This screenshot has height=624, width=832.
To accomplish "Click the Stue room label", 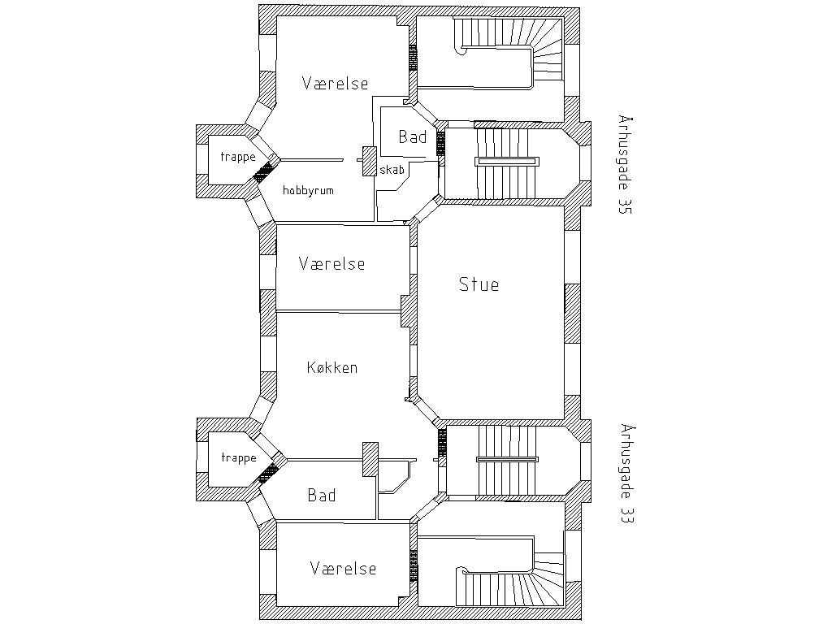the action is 479,284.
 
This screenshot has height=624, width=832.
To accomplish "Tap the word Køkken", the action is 332,367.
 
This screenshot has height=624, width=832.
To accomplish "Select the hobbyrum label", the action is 308,190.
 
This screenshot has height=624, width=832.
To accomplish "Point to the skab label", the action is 392,170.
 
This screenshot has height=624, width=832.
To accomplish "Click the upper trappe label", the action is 238,157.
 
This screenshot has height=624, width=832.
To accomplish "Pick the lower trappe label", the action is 239,458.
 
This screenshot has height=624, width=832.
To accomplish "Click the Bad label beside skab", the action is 412,136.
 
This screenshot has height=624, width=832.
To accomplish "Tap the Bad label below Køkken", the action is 322,495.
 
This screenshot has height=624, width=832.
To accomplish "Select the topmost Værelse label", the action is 335,84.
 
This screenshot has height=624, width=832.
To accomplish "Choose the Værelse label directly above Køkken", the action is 331,264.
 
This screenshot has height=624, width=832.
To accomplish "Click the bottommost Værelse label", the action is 344,568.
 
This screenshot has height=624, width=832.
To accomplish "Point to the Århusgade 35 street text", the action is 625,164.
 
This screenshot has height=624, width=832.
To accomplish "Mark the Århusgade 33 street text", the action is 626,474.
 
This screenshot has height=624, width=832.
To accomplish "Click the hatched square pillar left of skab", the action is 370,161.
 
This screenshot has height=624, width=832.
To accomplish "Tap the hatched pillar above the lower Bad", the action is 370,459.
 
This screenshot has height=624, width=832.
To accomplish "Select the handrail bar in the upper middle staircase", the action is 507,162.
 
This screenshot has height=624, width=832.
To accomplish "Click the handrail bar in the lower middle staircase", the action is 507,460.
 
